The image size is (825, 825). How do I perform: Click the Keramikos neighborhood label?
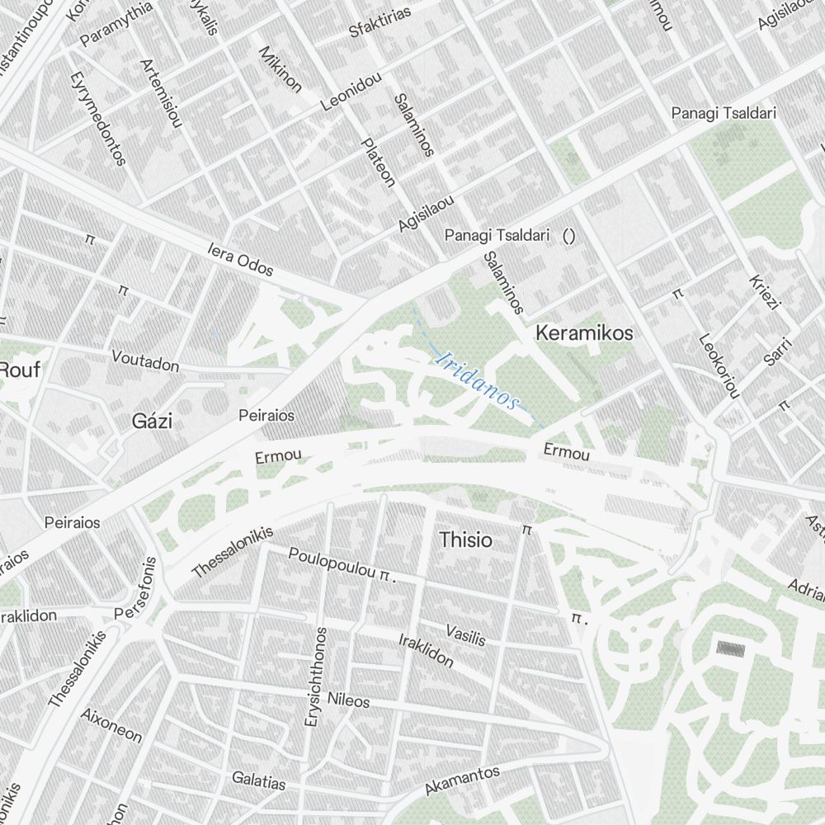click(x=584, y=333)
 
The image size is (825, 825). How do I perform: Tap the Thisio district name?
click(x=466, y=540)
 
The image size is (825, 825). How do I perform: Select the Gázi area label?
click(x=153, y=422)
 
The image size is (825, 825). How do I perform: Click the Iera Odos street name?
click(x=240, y=259)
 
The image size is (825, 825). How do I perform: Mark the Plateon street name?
click(x=379, y=162)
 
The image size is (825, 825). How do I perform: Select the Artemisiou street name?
click(x=160, y=94)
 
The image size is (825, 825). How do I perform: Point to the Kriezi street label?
click(x=764, y=291)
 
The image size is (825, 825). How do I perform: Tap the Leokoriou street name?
click(x=719, y=365)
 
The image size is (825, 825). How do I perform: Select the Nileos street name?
click(x=348, y=700)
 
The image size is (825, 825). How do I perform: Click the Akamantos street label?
click(x=462, y=780)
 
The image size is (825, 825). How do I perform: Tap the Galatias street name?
click(x=258, y=780)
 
